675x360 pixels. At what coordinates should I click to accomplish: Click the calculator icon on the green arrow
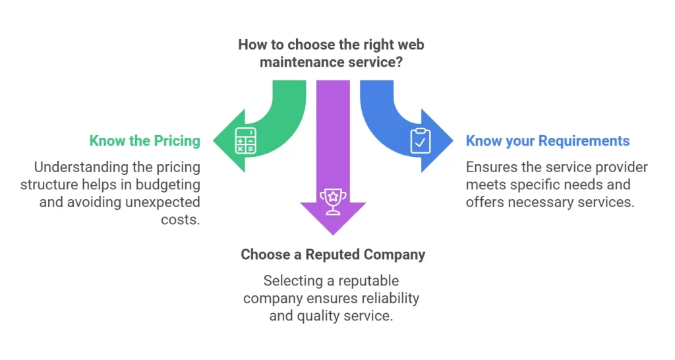coord(246,140)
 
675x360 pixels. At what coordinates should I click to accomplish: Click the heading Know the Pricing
coord(144,140)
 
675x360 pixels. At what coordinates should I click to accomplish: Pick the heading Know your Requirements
coord(547,140)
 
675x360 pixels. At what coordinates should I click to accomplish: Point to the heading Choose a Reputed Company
coord(333,255)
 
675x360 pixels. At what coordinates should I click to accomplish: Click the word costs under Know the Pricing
coord(180,219)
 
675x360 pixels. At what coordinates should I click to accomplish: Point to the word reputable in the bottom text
coord(367,281)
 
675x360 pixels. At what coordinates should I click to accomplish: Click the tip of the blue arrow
coord(453,140)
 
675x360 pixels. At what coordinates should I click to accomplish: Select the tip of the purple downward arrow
coord(333,235)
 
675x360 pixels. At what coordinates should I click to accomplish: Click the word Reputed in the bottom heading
coord(322,255)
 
